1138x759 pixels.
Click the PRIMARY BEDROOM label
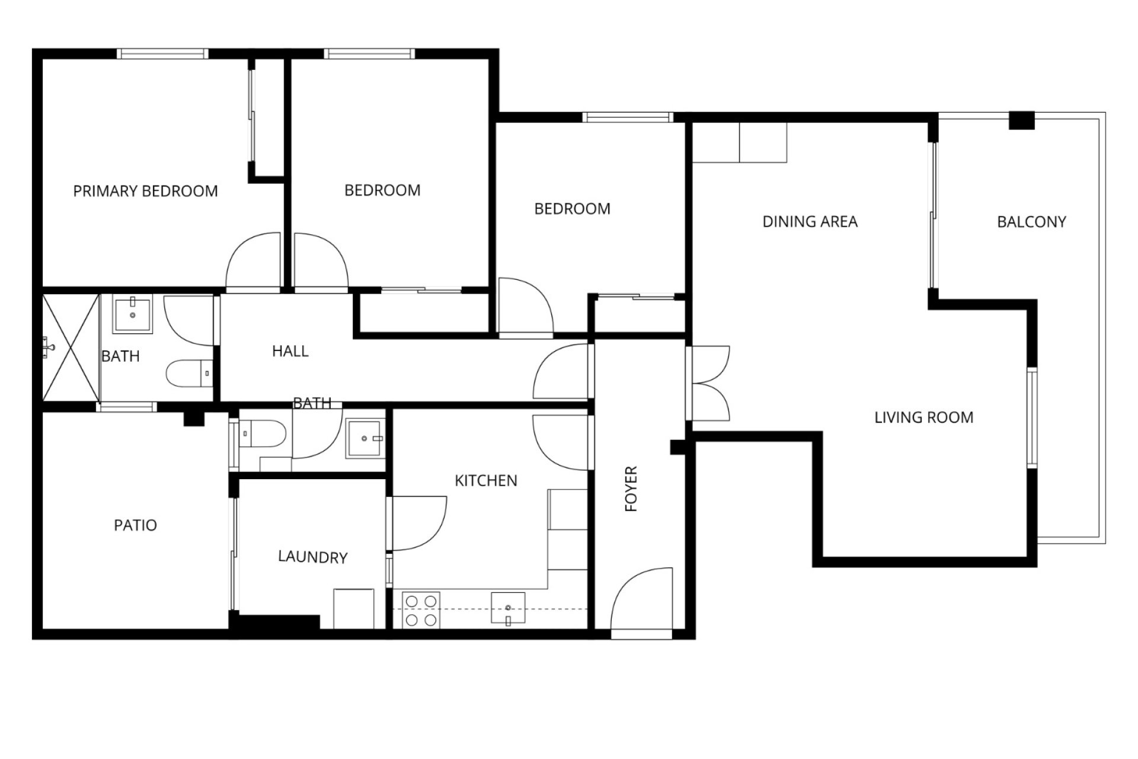pyautogui.click(x=145, y=191)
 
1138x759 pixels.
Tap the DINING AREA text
pyautogui.click(x=810, y=222)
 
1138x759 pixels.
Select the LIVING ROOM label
pyautogui.click(x=923, y=417)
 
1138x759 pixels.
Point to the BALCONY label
pyautogui.click(x=1031, y=222)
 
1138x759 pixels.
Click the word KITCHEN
pyautogui.click(x=485, y=480)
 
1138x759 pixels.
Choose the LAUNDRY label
pyautogui.click(x=312, y=557)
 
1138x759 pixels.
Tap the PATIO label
pyautogui.click(x=135, y=525)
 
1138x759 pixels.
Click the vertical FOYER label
pyautogui.click(x=631, y=489)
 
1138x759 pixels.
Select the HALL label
pyautogui.click(x=290, y=351)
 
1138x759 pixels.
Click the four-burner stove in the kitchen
pyautogui.click(x=421, y=610)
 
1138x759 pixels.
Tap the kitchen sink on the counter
pyautogui.click(x=508, y=608)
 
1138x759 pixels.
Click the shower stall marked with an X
pyautogui.click(x=71, y=346)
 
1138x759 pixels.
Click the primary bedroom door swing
pyautogui.click(x=252, y=260)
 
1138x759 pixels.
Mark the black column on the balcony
pyautogui.click(x=1022, y=120)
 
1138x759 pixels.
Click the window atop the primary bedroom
pyautogui.click(x=163, y=54)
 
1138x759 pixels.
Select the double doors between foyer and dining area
pyautogui.click(x=708, y=383)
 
